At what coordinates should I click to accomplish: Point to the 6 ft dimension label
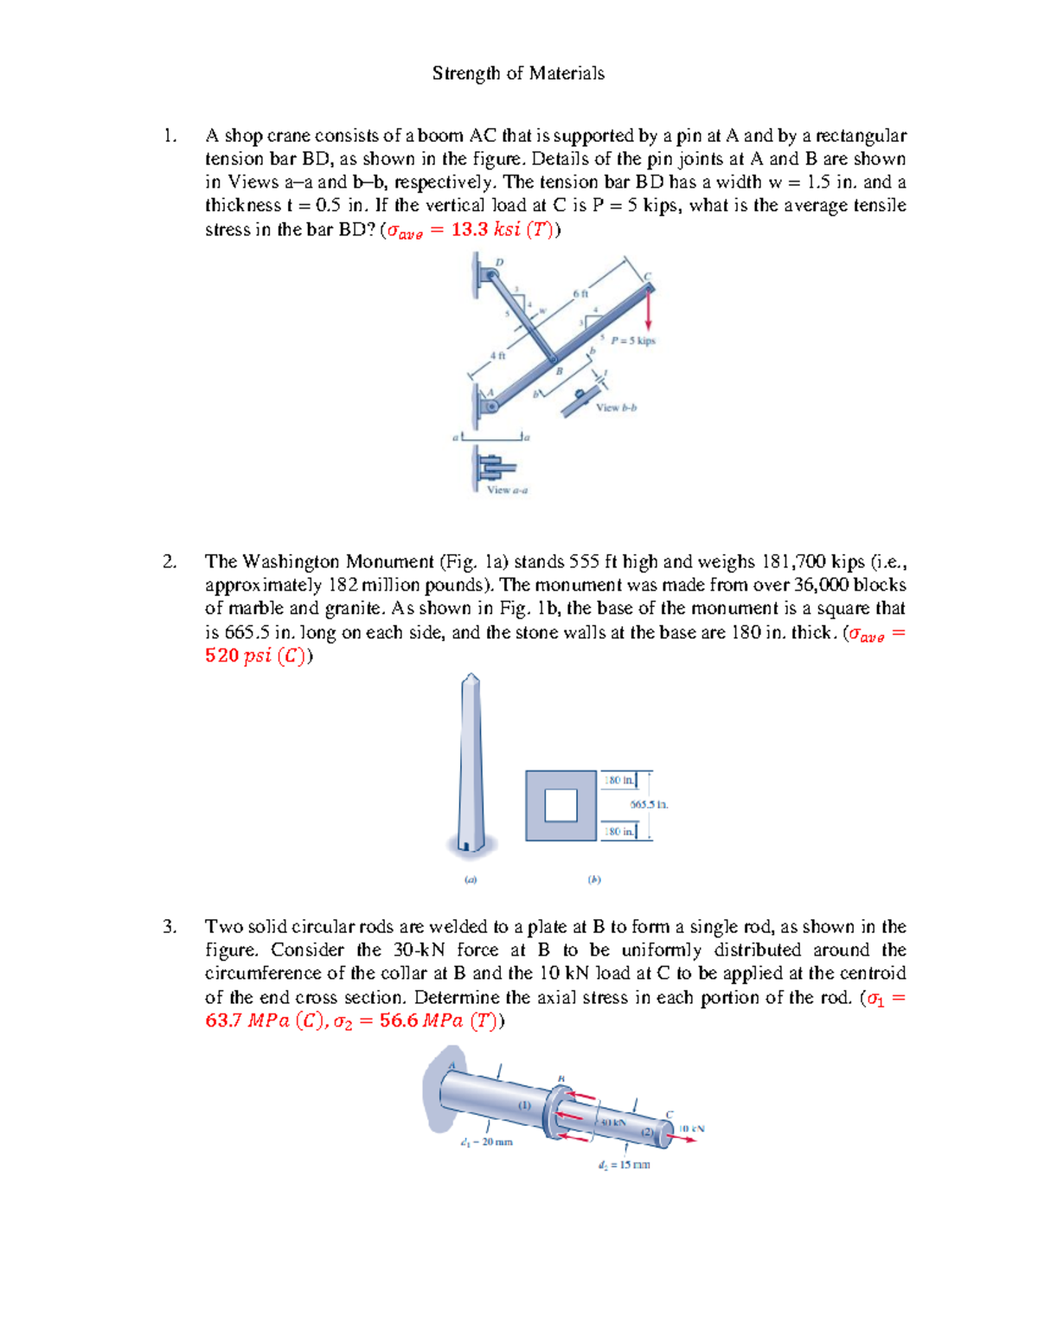[x=580, y=295]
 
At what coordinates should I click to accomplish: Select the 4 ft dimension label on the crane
[x=497, y=355]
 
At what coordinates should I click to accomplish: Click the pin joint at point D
[x=490, y=275]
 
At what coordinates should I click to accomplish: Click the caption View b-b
[x=616, y=407]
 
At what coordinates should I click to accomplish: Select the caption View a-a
[x=507, y=489]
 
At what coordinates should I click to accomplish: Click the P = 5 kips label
[x=632, y=341]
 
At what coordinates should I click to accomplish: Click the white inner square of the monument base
[x=561, y=806]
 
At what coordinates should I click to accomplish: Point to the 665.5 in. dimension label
[x=649, y=804]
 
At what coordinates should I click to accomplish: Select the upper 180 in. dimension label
[x=618, y=780]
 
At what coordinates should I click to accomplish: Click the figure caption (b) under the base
[x=594, y=879]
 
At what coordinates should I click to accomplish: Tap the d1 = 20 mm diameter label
[x=487, y=1142]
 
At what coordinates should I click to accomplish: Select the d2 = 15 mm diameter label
[x=624, y=1165]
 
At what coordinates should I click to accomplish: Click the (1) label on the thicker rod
[x=524, y=1105]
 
